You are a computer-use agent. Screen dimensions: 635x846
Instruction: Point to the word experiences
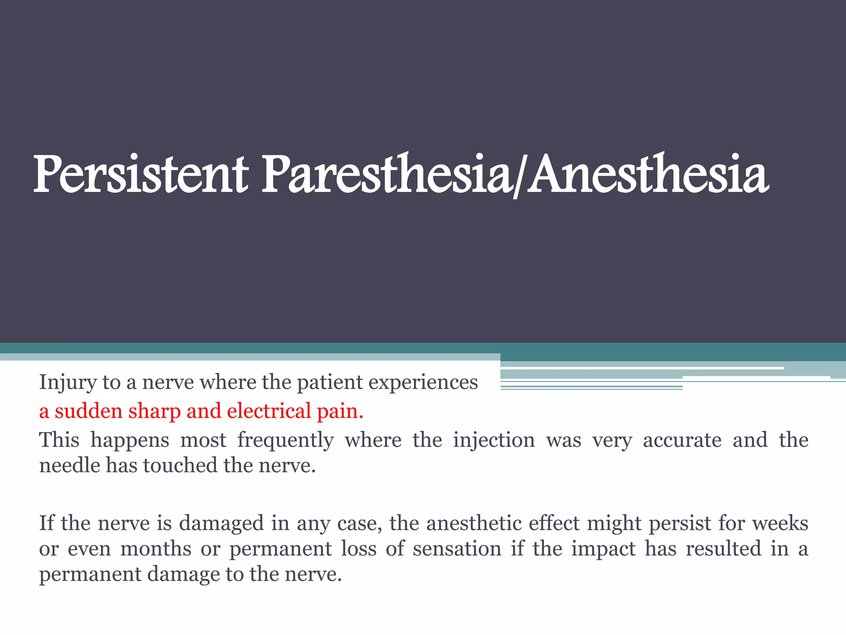click(423, 383)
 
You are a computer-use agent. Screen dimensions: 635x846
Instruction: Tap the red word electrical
click(269, 411)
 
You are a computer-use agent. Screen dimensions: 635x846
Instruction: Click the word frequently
click(285, 441)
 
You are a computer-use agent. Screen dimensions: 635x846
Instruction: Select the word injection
click(494, 441)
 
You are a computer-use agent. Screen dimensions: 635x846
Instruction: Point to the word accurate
click(682, 440)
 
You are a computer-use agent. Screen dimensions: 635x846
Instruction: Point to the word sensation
click(457, 549)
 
